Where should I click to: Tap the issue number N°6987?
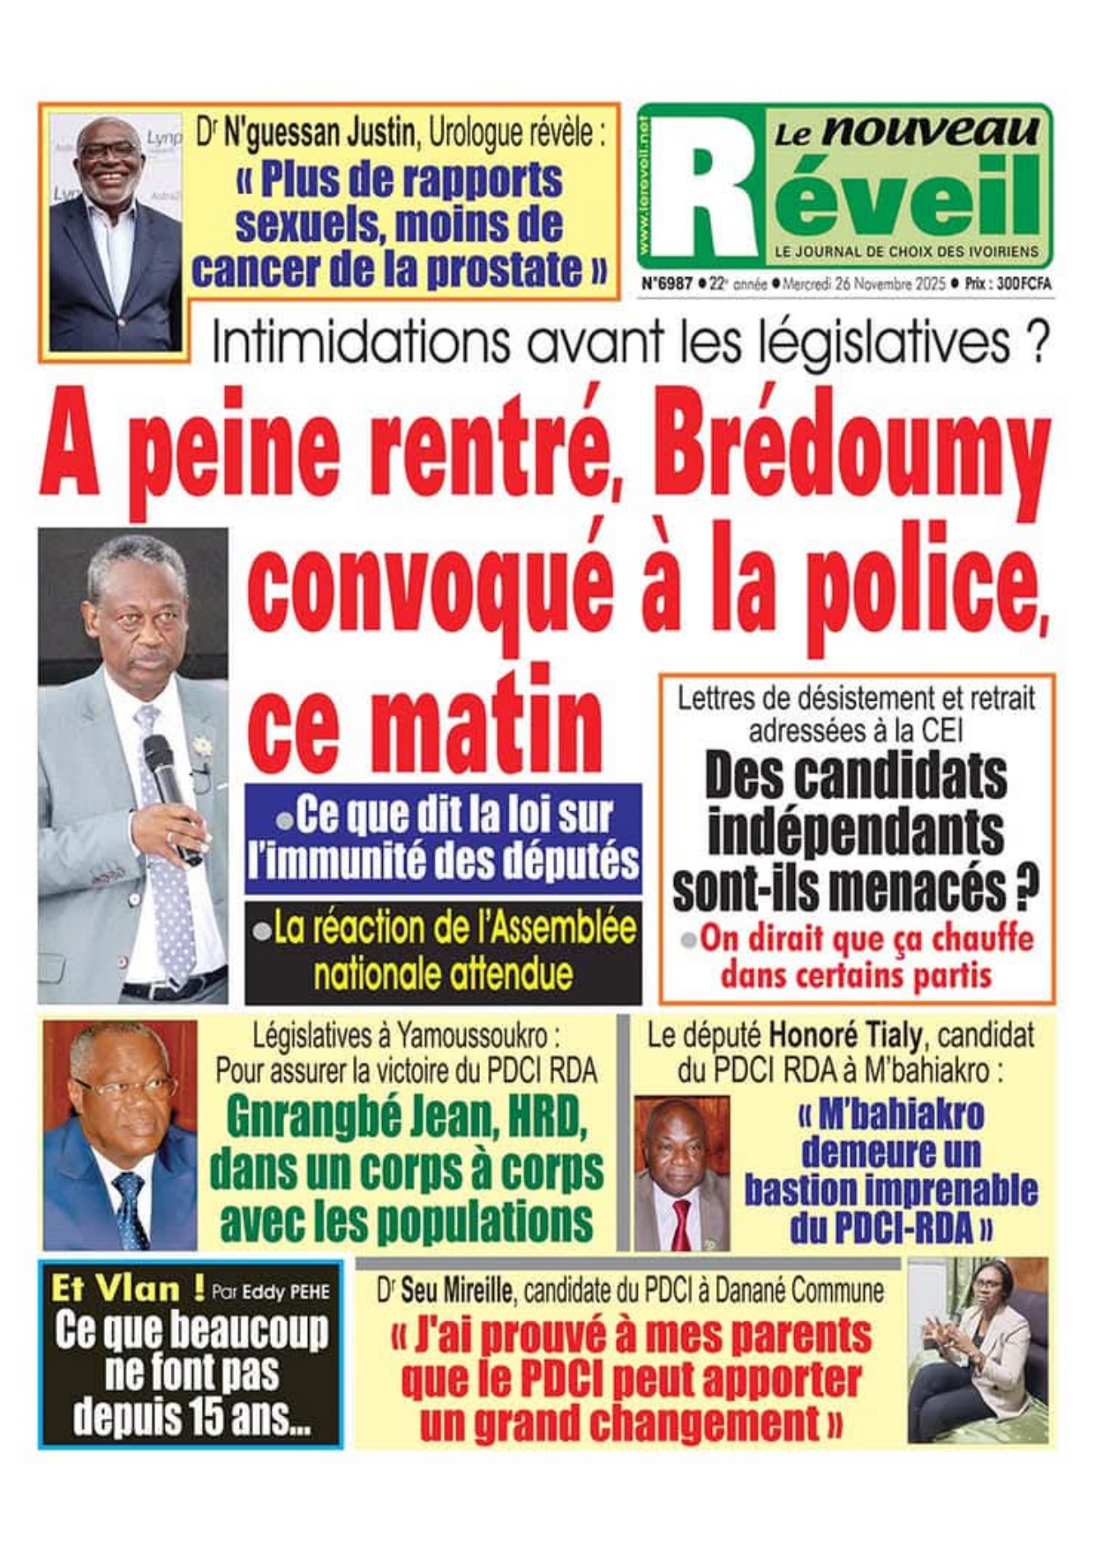666,284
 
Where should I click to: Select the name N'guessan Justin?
319,134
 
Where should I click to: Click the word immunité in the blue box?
367,860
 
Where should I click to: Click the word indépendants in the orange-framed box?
856,831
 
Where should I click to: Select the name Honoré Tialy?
845,1034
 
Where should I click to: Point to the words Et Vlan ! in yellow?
128,1290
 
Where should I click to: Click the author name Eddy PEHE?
286,1292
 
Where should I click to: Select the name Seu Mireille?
456,1291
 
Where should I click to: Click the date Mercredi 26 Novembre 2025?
864,284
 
